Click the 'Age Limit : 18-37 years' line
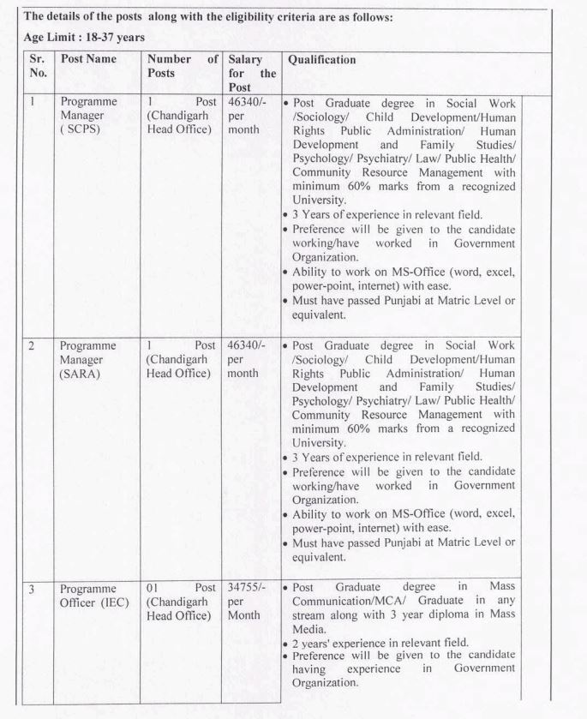click(76, 38)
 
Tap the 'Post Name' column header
click(89, 60)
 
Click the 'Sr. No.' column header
click(35, 67)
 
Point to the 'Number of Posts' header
click(183, 67)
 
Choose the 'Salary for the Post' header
click(252, 74)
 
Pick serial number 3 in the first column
click(32, 588)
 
